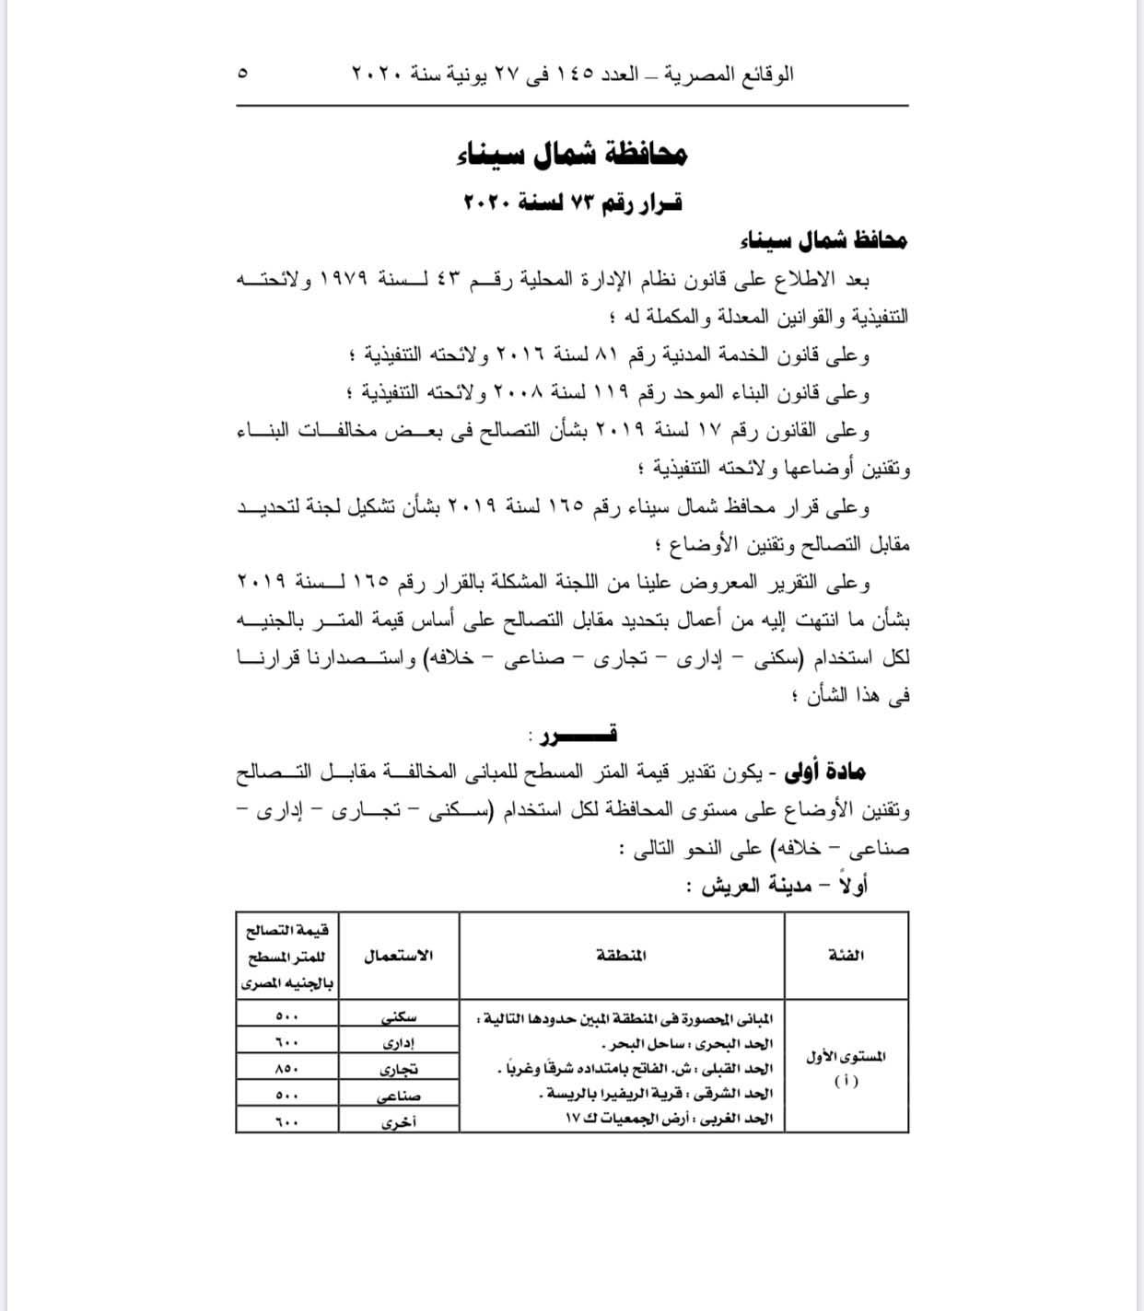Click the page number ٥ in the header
tap(242, 73)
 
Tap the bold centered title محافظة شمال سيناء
tap(572, 154)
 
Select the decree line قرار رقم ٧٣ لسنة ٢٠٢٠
tap(572, 202)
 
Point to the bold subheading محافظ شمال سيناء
tap(823, 240)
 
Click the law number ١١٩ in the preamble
tap(612, 393)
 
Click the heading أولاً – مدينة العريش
tap(785, 885)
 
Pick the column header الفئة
tap(846, 955)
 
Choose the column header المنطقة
tap(622, 955)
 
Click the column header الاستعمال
tap(399, 955)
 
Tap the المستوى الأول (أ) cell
tap(846, 1066)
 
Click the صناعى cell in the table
tap(399, 1095)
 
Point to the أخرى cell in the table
tap(399, 1121)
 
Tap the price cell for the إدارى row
tap(287, 1041)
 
